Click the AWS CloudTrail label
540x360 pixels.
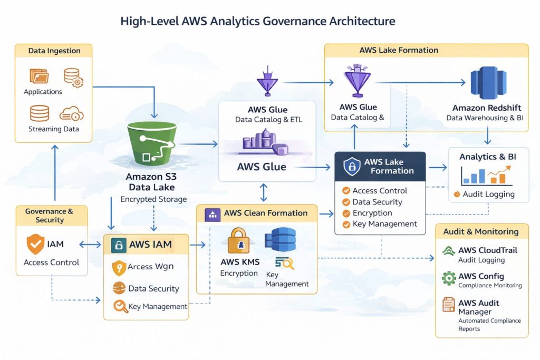pos(487,250)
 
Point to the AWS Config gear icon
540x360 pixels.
pos(449,278)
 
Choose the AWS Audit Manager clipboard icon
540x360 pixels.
pos(449,305)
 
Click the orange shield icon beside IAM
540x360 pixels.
pos(35,244)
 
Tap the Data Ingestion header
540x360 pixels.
pos(54,51)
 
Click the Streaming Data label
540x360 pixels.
pos(53,129)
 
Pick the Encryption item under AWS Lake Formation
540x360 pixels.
pos(372,213)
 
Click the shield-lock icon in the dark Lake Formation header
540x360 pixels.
pos(352,167)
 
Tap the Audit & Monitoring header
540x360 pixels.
pos(480,231)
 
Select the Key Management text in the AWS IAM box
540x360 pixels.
pos(158,306)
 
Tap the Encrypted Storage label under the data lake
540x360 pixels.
pos(153,199)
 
